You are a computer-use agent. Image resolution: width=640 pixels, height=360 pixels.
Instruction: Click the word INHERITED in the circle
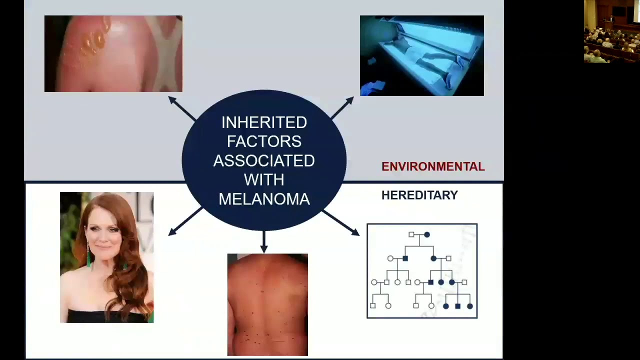click(264, 122)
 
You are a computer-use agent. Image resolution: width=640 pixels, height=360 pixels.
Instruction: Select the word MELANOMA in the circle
click(264, 199)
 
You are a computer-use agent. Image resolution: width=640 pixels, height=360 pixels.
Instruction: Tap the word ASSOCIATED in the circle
click(264, 161)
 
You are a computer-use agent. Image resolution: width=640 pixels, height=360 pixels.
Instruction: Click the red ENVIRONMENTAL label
click(433, 167)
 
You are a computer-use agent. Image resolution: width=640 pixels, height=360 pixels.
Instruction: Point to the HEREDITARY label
click(419, 195)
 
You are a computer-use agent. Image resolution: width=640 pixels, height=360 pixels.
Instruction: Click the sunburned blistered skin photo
click(113, 54)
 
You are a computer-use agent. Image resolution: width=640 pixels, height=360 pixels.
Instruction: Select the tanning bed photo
click(421, 55)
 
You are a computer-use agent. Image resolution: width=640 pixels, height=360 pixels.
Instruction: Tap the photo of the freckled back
click(267, 304)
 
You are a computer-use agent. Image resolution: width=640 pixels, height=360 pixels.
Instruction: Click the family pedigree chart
click(422, 271)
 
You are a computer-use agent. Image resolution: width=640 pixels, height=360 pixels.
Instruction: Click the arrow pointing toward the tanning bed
click(342, 107)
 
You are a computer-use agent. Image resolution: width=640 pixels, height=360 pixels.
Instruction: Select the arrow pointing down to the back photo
click(264, 241)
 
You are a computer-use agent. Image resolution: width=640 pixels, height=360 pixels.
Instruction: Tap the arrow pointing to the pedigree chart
click(341, 222)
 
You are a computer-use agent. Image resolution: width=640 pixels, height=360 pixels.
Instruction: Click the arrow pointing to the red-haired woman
click(185, 221)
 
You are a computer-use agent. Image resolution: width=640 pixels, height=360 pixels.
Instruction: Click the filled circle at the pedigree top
click(426, 234)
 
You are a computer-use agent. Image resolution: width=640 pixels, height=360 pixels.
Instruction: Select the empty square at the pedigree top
click(411, 234)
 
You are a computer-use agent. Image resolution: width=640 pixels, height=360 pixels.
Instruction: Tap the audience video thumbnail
click(611, 31)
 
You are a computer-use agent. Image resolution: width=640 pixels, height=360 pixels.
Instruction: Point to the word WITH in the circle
click(264, 180)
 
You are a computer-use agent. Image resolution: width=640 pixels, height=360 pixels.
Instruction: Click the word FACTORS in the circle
click(264, 141)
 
